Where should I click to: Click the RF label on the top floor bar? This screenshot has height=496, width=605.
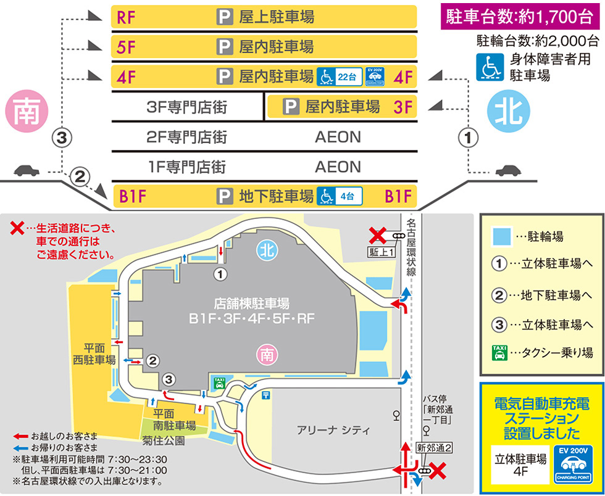click(x=127, y=17)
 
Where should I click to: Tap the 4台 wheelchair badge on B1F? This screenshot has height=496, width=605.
click(x=339, y=197)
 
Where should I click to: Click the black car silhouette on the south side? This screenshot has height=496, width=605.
click(x=26, y=170)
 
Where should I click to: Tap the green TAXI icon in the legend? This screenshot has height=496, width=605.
click(x=499, y=353)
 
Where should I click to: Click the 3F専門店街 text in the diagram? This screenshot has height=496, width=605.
click(x=187, y=107)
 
